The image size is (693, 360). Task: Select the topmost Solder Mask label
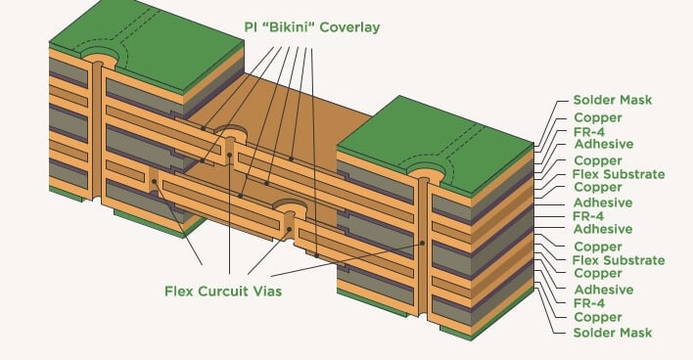(x=613, y=101)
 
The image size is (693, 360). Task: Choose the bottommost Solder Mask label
(x=613, y=333)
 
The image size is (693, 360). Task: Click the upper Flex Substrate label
(x=619, y=174)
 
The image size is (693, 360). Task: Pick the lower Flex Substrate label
(x=619, y=260)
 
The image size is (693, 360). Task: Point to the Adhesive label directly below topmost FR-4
(x=603, y=145)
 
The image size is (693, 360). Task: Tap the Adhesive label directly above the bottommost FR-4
(x=603, y=290)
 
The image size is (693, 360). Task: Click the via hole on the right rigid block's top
(x=426, y=174)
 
